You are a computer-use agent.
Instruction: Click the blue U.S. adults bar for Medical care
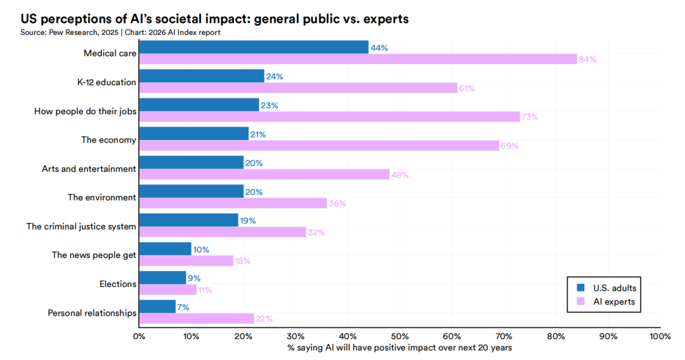tap(254, 47)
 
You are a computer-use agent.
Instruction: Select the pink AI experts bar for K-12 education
tap(298, 88)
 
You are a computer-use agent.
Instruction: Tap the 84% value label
tap(587, 60)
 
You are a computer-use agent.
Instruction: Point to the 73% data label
tap(530, 117)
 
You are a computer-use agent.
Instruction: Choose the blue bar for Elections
tap(162, 278)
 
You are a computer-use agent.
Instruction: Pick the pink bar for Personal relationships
tap(197, 319)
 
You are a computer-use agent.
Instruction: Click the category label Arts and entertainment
tap(89, 169)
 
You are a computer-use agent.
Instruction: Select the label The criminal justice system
tap(81, 226)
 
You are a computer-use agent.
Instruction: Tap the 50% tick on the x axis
tap(400, 337)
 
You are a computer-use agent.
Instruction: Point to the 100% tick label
tap(660, 337)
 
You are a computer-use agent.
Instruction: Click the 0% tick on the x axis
tap(139, 337)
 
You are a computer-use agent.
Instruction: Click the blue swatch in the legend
tap(580, 288)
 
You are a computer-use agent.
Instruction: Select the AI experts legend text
tap(614, 302)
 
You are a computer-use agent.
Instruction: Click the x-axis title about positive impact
tap(400, 348)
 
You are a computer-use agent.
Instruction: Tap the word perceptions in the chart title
tap(72, 19)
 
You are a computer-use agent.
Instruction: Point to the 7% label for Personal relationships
tap(183, 307)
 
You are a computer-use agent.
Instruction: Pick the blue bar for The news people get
tap(165, 249)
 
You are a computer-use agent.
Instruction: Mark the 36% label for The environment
tap(336, 203)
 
